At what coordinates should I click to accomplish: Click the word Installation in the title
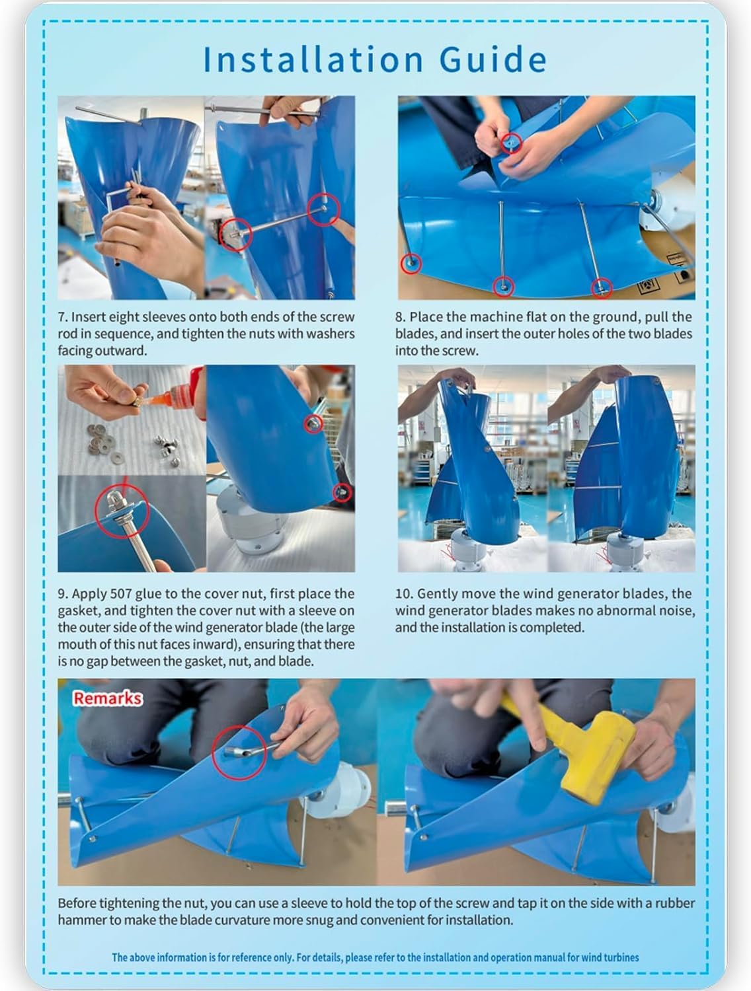click(313, 59)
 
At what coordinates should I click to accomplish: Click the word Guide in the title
click(493, 59)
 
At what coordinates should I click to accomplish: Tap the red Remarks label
click(108, 698)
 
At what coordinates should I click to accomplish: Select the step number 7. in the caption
click(63, 317)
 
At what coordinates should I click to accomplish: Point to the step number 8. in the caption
click(400, 317)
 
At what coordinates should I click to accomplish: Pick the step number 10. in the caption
click(404, 594)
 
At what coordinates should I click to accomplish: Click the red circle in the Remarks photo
click(239, 752)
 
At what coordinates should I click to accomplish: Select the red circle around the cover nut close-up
click(122, 511)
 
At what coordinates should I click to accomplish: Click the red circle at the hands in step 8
click(511, 143)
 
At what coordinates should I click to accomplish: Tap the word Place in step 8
click(426, 317)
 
